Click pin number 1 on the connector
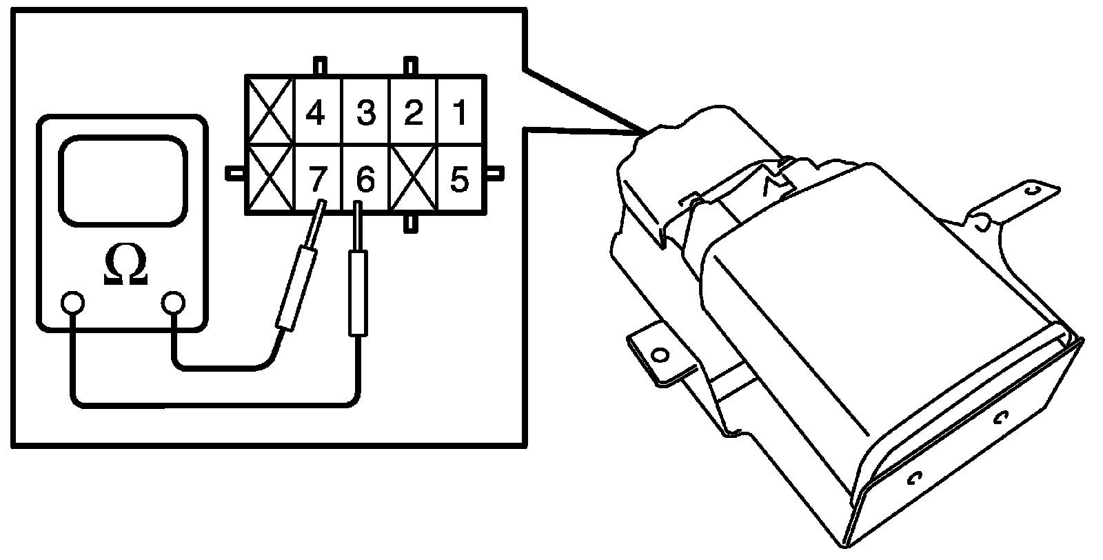click(460, 112)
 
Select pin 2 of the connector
click(413, 112)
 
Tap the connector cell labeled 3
click(366, 112)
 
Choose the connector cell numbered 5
click(460, 179)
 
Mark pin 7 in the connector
click(316, 179)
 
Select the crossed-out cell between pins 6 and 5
click(413, 179)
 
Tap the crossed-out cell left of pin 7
click(271, 179)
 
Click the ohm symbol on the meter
click(125, 266)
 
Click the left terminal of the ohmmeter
click(72, 302)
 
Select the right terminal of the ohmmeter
click(173, 302)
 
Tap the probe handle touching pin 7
click(296, 289)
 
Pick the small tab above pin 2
click(411, 66)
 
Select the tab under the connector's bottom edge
click(411, 223)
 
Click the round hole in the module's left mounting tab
click(660, 354)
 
